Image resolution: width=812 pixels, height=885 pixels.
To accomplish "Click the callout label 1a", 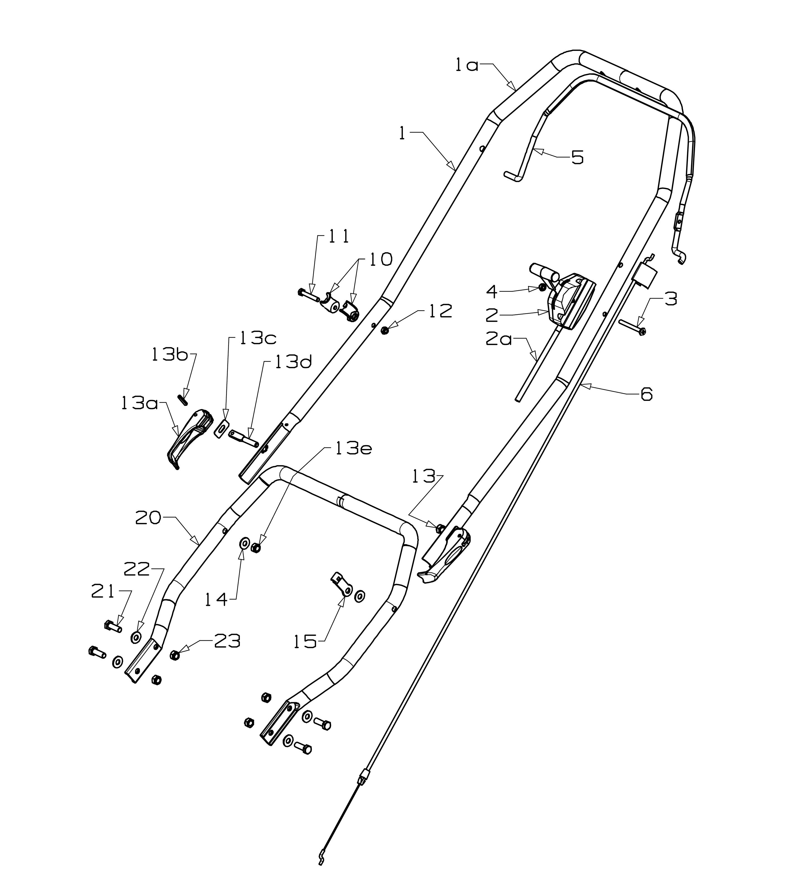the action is coord(466,66).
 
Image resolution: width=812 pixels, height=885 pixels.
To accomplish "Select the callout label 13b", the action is coord(170,355).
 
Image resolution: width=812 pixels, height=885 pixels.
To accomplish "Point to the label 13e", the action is coord(354,449).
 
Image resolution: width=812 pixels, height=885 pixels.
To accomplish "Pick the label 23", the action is coord(227,642).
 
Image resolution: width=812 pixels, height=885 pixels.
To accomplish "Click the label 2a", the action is coord(499,340).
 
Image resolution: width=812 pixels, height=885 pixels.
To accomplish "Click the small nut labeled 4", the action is coord(542,287).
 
